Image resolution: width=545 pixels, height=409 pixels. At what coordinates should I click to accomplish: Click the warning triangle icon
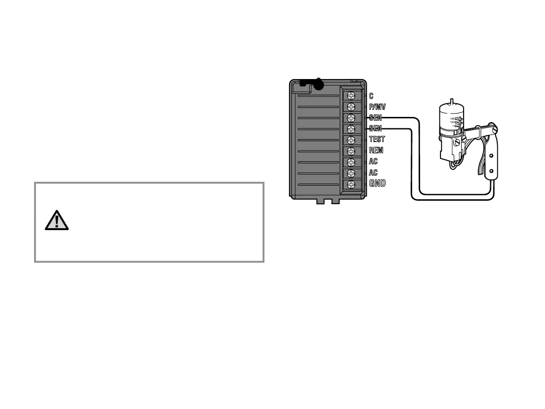pos(57,221)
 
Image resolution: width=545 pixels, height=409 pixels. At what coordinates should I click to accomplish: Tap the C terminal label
pos(371,96)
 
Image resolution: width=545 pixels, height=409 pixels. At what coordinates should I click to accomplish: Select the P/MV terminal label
pos(377,107)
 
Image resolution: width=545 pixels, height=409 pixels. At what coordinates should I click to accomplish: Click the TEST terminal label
pos(377,140)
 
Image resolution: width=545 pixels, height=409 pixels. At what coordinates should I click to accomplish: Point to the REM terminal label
pos(376,151)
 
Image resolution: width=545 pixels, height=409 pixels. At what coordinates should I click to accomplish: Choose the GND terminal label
pos(377,183)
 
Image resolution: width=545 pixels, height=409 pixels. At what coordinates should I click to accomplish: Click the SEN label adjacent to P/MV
pos(375,118)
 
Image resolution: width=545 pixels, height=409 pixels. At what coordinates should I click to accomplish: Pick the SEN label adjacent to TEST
pos(375,129)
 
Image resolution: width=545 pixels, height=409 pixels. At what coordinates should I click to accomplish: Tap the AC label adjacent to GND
pos(373,172)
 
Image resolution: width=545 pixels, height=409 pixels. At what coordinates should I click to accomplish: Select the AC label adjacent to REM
pos(373,161)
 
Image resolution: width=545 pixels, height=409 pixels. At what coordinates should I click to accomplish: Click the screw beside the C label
pos(352,96)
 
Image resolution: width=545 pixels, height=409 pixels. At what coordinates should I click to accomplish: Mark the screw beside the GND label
pos(352,184)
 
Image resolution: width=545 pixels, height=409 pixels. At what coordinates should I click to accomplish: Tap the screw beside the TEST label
pos(352,140)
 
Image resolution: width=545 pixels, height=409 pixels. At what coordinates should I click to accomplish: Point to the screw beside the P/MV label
pos(352,107)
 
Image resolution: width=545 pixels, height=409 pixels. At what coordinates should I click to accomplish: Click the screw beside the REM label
pos(352,151)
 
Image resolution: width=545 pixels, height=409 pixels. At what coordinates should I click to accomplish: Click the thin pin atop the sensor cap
pos(452,101)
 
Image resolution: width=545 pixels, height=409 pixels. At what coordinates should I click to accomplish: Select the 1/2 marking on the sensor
pos(452,123)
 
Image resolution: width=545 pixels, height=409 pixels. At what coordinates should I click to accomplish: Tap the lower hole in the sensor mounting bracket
pos(491,171)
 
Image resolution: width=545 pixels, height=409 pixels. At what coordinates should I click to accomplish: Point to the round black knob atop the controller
pos(317,85)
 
